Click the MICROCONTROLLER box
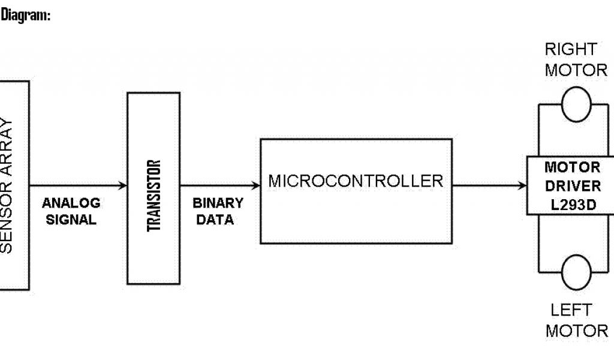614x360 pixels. pyautogui.click(x=356, y=191)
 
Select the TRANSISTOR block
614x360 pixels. pyautogui.click(x=153, y=187)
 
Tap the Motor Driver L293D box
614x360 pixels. pyautogui.click(x=571, y=185)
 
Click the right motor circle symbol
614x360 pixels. pyautogui.click(x=576, y=103)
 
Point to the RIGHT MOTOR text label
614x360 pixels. pyautogui.click(x=576, y=59)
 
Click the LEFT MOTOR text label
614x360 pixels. pyautogui.click(x=576, y=320)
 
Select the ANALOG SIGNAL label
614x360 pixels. pyautogui.click(x=71, y=211)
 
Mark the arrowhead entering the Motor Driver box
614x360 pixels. pyautogui.click(x=523, y=185)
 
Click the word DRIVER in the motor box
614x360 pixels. pyautogui.click(x=573, y=185)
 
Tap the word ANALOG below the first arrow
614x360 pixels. pyautogui.click(x=71, y=203)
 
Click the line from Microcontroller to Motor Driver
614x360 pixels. pyautogui.click(x=486, y=185)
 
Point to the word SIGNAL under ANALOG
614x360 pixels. pyautogui.click(x=71, y=220)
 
